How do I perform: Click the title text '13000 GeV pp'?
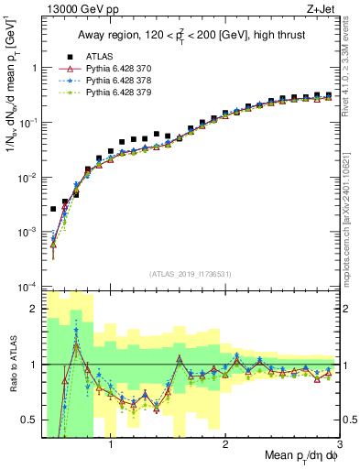[75, 9]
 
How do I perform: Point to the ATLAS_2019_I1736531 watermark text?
[190, 274]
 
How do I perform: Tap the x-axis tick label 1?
[111, 445]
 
